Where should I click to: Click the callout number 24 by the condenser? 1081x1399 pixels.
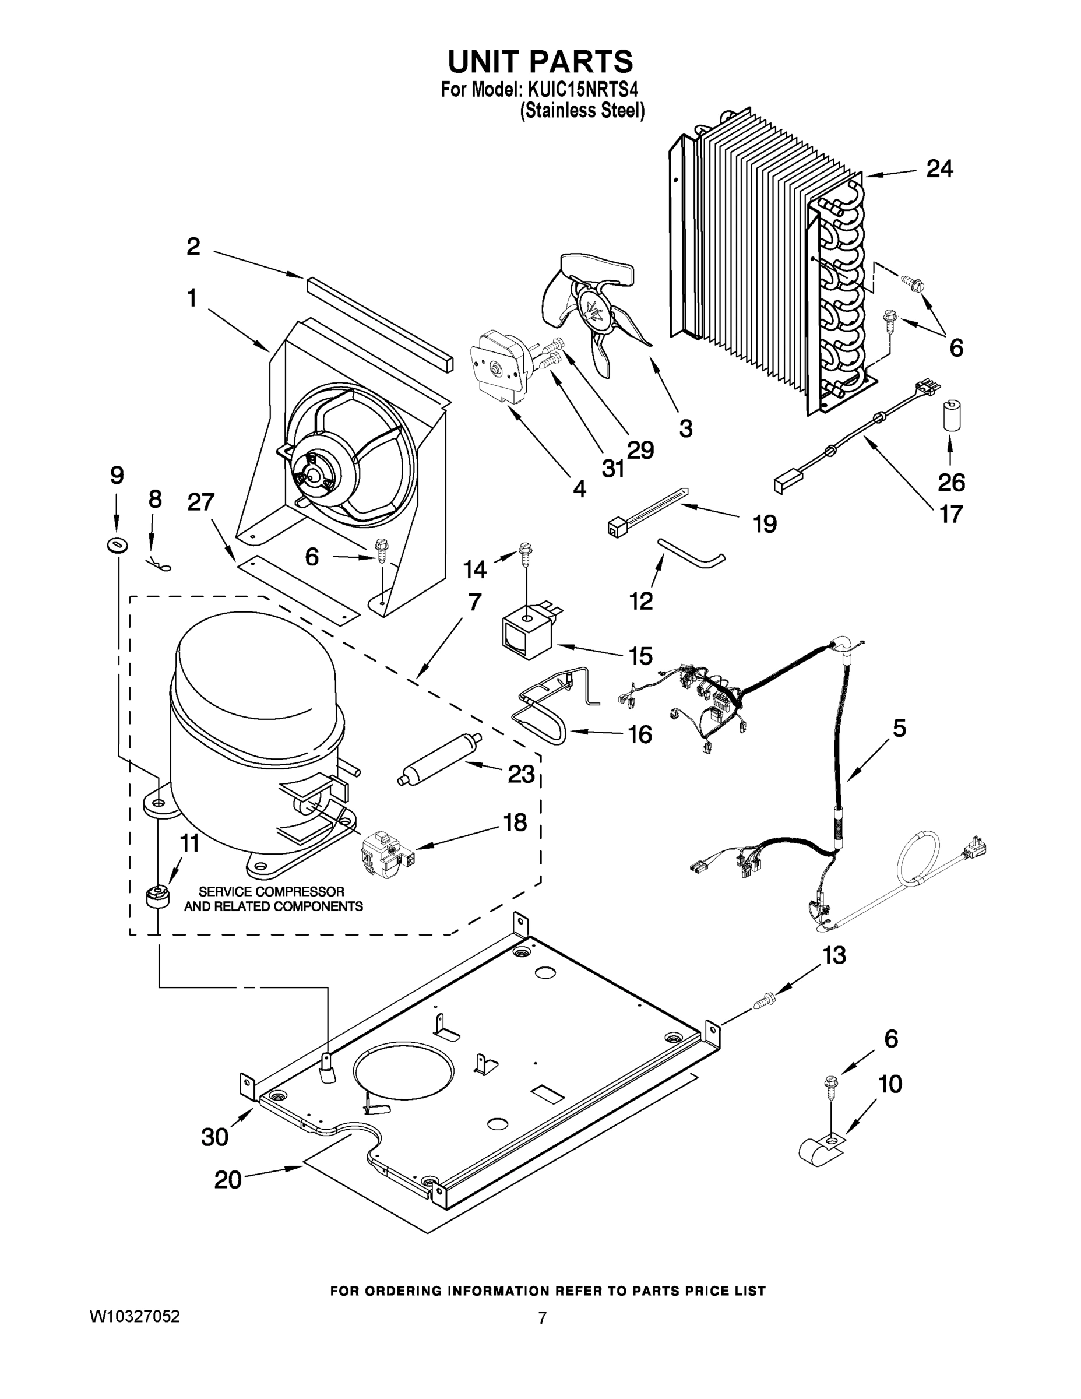tap(939, 169)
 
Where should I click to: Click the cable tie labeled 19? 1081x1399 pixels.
tap(647, 511)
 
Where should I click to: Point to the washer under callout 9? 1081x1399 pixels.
tap(117, 545)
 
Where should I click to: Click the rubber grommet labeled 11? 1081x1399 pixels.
tap(156, 895)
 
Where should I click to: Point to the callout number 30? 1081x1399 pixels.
tap(214, 1137)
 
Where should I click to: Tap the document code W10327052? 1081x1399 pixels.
tap(135, 1317)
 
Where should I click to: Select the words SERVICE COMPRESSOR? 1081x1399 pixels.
tap(272, 892)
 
